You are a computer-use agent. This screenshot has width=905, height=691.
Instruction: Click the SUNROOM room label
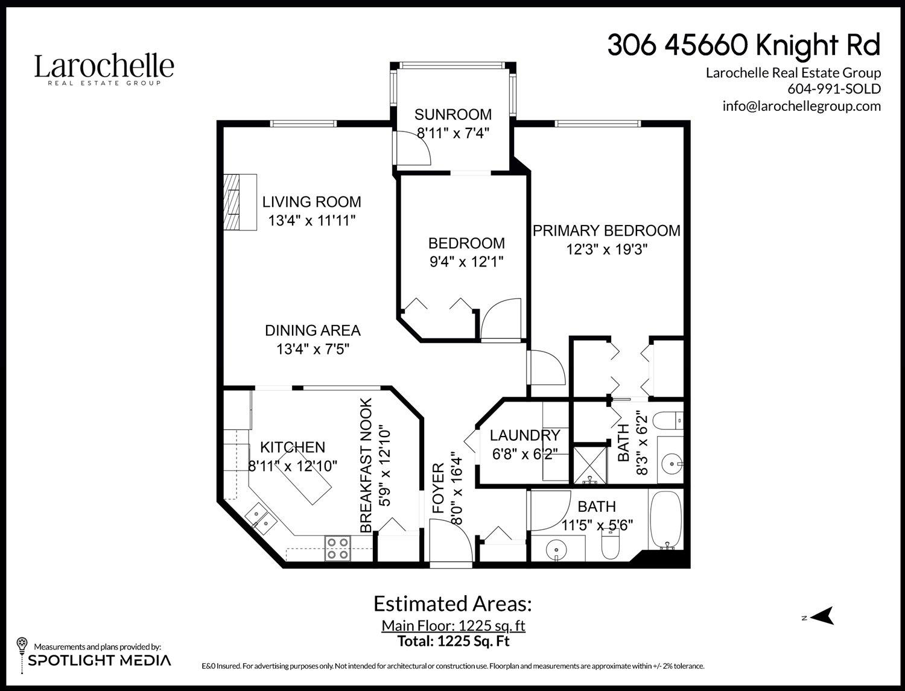pos(453,115)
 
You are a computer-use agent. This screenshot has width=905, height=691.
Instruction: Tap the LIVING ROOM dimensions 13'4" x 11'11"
pos(311,221)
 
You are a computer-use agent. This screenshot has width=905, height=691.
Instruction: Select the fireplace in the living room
pos(240,202)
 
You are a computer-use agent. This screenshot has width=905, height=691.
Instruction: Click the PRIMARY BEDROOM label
pos(606,230)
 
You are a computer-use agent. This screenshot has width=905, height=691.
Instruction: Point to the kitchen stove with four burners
pos(337,548)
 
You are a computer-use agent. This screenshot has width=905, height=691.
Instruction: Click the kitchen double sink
pos(261,518)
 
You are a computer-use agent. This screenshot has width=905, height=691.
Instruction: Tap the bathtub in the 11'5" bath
pos(665,519)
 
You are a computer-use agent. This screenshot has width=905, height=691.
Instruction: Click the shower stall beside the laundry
pos(589,464)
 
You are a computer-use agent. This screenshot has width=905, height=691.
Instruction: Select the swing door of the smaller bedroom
pos(500,320)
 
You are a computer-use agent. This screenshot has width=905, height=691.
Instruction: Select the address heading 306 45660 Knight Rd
pos(743,45)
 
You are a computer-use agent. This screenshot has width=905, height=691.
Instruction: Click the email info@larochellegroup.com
pos(801,106)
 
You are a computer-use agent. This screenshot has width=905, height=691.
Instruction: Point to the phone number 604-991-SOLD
pos(834,89)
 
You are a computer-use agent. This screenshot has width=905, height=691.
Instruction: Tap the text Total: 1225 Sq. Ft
pos(453,641)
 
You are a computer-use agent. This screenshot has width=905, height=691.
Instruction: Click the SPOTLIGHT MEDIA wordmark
pos(100,660)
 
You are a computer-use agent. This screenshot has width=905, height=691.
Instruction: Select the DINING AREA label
pos(313,330)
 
